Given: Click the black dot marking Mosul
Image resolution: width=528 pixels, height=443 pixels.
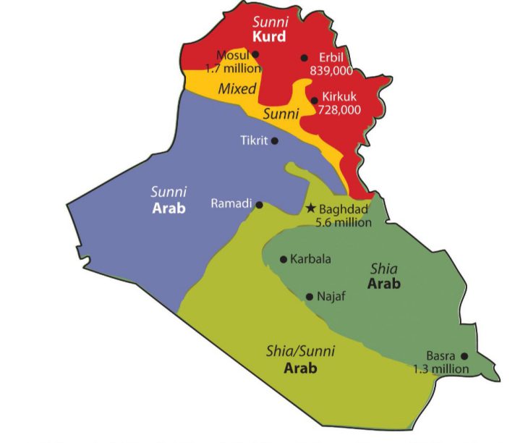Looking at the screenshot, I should pyautogui.click(x=255, y=54).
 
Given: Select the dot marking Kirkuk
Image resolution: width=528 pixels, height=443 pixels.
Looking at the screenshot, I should pyautogui.click(x=314, y=100).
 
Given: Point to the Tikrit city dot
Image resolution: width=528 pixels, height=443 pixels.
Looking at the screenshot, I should pyautogui.click(x=274, y=141).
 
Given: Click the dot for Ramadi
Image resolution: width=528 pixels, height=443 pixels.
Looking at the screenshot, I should pyautogui.click(x=260, y=205).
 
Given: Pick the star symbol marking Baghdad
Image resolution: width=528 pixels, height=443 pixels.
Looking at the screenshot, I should pyautogui.click(x=310, y=208).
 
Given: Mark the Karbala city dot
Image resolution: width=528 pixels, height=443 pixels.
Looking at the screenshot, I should pyautogui.click(x=284, y=259).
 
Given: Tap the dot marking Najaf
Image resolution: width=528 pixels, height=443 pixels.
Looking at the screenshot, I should pyautogui.click(x=310, y=296).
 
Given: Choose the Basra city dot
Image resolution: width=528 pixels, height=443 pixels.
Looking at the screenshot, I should pyautogui.click(x=464, y=355).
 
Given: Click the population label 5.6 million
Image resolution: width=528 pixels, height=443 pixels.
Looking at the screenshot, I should pyautogui.click(x=343, y=221).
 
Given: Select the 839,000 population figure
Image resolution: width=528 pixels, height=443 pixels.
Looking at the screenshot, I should pyautogui.click(x=331, y=71).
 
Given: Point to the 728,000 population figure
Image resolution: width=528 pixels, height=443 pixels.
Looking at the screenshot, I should pyautogui.click(x=340, y=109).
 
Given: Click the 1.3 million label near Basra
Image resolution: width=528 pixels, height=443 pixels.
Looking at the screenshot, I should pyautogui.click(x=440, y=369).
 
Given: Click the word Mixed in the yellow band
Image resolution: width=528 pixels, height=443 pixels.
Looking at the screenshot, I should pyautogui.click(x=238, y=90).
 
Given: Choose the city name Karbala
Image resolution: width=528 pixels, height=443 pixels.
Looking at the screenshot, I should pyautogui.click(x=310, y=259).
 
